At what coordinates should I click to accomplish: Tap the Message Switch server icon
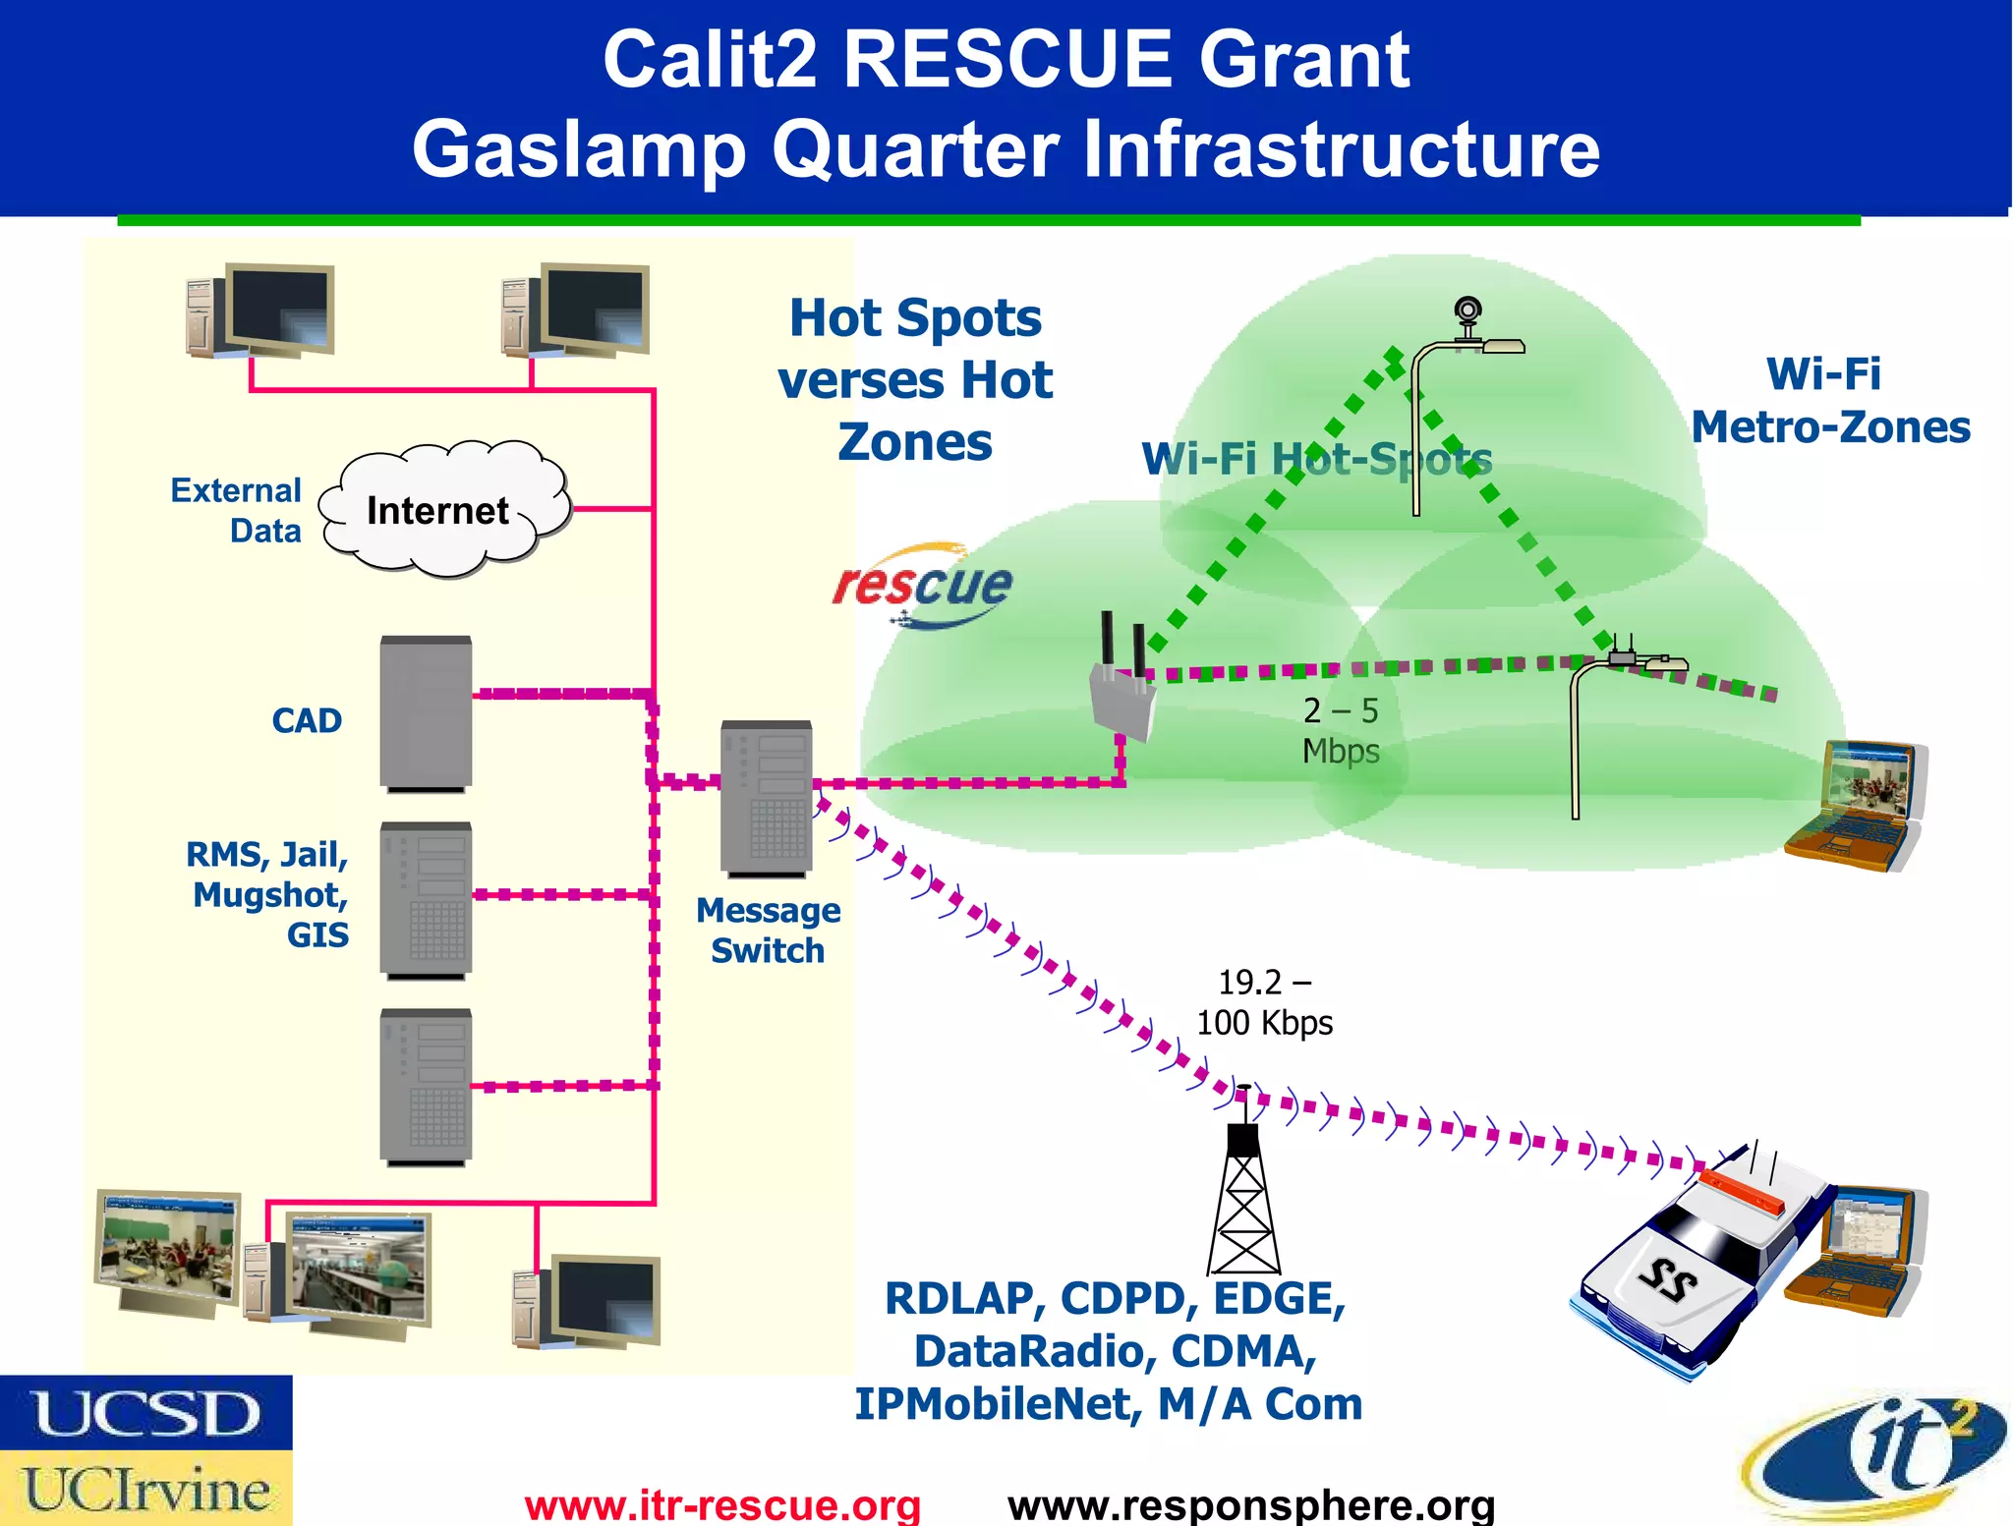coord(766,798)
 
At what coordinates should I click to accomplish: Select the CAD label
coord(307,720)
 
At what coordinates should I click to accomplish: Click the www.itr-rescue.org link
coord(722,1504)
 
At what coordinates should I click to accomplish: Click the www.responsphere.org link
coord(1251,1504)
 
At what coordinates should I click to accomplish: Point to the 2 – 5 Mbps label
coord(1341,730)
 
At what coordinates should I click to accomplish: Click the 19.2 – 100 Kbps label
coord(1264,1002)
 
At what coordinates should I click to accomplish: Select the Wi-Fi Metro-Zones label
coord(1830,401)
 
